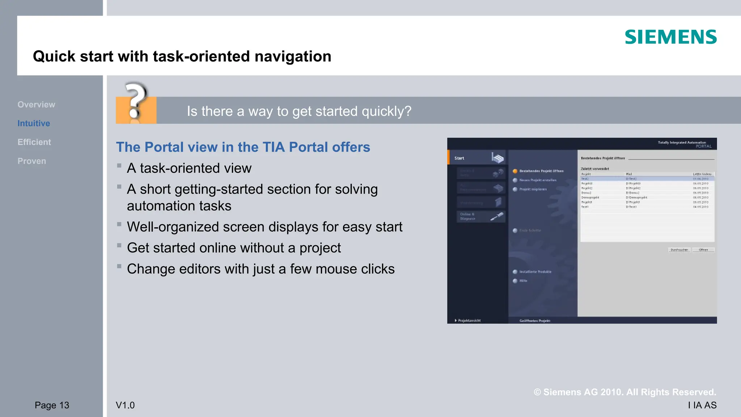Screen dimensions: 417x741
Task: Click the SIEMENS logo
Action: click(x=670, y=37)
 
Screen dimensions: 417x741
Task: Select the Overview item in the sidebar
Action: click(x=36, y=105)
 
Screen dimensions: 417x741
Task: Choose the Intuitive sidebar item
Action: click(x=34, y=123)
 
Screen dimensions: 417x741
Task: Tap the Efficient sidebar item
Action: click(x=34, y=142)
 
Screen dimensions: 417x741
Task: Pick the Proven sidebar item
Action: click(x=31, y=161)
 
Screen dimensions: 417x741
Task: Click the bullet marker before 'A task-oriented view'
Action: click(x=119, y=166)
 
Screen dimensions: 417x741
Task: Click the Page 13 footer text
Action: click(x=52, y=405)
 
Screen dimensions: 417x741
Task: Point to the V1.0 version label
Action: click(x=125, y=405)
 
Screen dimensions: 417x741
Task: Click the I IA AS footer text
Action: click(x=702, y=405)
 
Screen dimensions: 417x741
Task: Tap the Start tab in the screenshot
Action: click(x=460, y=158)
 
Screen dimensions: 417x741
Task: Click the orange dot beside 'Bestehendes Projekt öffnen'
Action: click(x=515, y=171)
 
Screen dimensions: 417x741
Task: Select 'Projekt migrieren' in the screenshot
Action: click(x=533, y=189)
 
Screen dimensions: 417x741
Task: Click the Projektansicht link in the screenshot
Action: click(x=469, y=320)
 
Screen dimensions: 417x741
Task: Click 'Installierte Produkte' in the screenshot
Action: click(x=535, y=272)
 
